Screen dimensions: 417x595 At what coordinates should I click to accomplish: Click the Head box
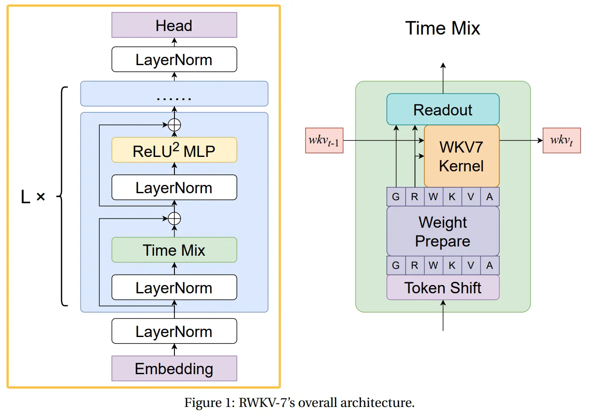174,25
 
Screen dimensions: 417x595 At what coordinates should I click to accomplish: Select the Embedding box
174,368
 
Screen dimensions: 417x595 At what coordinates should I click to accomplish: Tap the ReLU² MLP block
174,150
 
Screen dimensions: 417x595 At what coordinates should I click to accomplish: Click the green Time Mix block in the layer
174,250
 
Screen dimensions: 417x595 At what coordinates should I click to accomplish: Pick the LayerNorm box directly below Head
174,59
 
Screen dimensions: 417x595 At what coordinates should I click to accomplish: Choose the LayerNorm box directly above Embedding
174,331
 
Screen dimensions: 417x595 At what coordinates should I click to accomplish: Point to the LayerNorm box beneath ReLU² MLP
174,188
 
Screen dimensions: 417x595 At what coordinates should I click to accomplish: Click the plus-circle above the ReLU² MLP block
174,125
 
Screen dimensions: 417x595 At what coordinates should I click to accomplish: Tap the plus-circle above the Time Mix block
174,219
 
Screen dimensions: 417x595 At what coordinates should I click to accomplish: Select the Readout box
442,109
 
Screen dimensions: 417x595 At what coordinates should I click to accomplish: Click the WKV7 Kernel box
461,156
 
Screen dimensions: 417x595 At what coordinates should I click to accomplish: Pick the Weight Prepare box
442,231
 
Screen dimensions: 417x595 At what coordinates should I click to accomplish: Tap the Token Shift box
442,288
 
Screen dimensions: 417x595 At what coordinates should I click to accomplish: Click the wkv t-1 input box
324,140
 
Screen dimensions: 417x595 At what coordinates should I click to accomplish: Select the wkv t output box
561,140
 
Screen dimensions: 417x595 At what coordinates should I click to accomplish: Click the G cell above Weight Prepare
396,197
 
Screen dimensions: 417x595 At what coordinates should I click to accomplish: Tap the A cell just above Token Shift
490,265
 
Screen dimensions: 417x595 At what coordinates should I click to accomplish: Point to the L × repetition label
33,197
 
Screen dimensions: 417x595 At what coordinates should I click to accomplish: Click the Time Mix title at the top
442,28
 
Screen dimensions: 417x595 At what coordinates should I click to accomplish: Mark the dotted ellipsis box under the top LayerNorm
174,94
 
